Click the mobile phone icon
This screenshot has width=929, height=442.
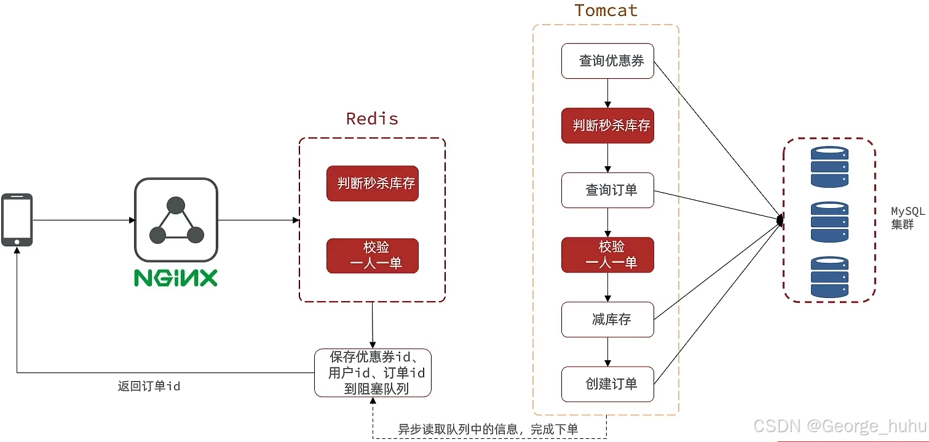click(17, 220)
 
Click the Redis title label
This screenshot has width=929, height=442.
click(372, 118)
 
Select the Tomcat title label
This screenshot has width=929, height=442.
click(606, 10)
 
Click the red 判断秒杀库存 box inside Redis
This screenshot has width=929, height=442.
click(373, 183)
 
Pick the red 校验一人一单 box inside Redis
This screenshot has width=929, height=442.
click(373, 255)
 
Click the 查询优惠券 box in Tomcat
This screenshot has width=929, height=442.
click(607, 61)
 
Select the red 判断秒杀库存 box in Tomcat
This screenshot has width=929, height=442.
click(607, 126)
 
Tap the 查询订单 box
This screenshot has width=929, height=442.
click(607, 190)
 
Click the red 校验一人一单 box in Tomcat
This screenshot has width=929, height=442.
click(607, 255)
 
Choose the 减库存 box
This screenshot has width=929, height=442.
click(607, 319)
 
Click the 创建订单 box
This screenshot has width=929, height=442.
click(607, 384)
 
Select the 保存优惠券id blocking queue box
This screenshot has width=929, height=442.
click(373, 372)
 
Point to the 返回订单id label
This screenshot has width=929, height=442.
click(149, 387)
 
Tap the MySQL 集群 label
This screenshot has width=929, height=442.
click(907, 218)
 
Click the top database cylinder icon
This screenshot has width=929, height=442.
click(829, 166)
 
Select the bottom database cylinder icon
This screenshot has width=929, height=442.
click(829, 277)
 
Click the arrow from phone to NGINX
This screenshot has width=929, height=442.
click(84, 220)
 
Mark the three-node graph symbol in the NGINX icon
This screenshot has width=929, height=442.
click(176, 220)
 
